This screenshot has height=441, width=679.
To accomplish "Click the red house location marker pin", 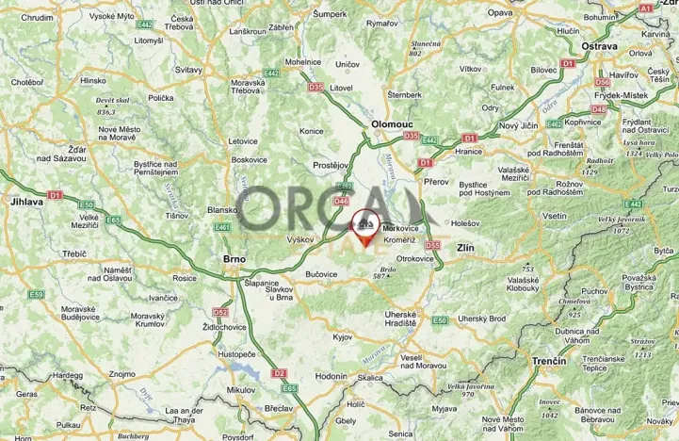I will point(365,227).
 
